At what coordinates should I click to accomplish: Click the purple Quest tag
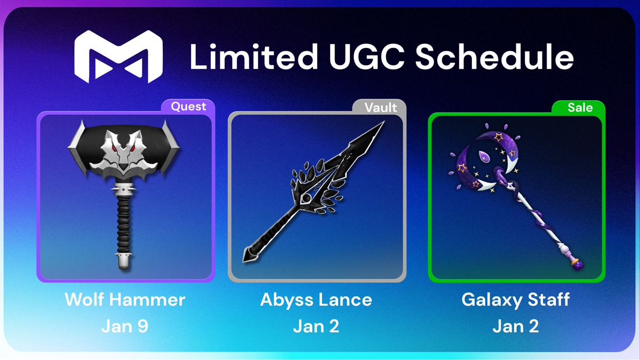(x=188, y=107)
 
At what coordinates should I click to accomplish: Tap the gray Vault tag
(x=380, y=107)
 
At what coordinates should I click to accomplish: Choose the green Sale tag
(x=580, y=107)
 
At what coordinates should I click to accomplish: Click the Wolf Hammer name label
(x=125, y=299)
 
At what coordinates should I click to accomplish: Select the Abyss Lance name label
(x=316, y=299)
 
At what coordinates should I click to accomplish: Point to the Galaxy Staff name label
(x=515, y=299)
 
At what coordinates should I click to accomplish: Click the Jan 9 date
(x=125, y=326)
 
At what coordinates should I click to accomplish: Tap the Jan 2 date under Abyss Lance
(x=316, y=326)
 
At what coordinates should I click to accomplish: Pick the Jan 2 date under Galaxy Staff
(x=515, y=326)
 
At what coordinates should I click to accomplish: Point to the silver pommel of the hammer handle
(x=123, y=263)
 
